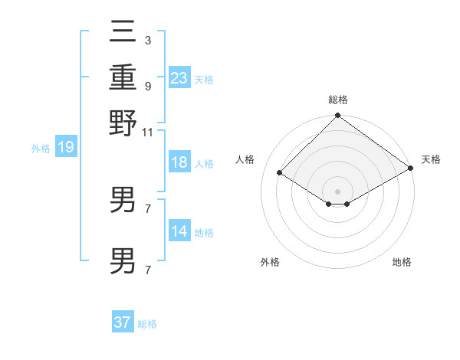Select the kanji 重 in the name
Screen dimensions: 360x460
point(123,77)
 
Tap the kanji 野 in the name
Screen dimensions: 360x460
point(123,123)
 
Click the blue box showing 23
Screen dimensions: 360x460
point(179,77)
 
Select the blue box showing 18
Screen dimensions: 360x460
point(179,162)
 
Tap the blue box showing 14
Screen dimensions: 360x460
point(179,231)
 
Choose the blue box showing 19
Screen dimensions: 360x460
point(66,147)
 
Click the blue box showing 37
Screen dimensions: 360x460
point(123,322)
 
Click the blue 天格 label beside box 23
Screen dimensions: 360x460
point(204,79)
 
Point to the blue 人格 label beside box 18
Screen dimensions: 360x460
point(204,164)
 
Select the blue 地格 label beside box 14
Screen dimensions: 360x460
point(204,233)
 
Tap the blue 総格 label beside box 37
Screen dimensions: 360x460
point(147,324)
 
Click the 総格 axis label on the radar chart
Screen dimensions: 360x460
point(337,100)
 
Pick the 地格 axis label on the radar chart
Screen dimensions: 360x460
point(402,262)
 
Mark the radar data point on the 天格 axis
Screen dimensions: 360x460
point(412,169)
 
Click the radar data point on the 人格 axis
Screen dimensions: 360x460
point(280,173)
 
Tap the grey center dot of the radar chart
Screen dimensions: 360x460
point(337,191)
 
